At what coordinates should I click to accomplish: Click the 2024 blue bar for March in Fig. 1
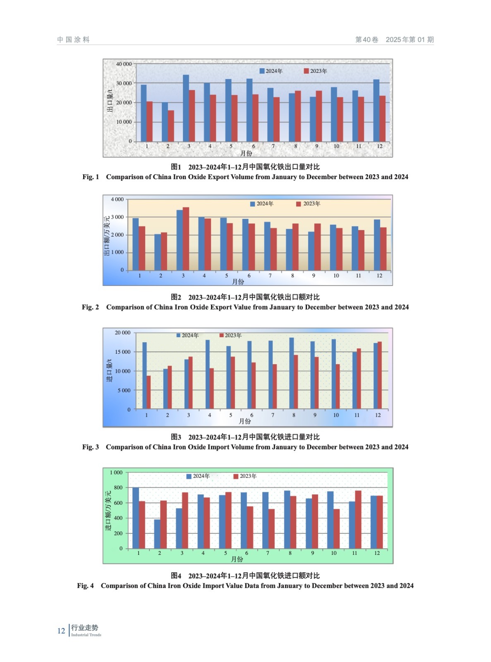pos(186,108)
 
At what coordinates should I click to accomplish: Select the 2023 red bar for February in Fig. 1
pos(171,126)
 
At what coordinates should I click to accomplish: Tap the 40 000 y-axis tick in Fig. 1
pos(124,64)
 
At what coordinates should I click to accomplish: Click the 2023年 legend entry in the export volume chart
pos(316,71)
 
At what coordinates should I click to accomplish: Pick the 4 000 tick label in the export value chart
pos(117,199)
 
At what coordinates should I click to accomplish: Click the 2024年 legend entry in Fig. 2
pos(262,204)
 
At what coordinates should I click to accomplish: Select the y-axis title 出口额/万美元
pos(107,236)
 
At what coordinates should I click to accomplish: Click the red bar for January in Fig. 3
pos(148,392)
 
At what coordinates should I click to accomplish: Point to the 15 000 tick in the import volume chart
pos(122,352)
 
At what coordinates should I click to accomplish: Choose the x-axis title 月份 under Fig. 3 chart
pos(245,421)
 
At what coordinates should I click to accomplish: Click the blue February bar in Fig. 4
pos(157,534)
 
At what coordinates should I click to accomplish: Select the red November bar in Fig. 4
pos(358,520)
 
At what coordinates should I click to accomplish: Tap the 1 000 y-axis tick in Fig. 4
pos(116,473)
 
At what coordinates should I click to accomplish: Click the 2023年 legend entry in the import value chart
pos(245,476)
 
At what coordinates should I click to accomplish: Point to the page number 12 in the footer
pos(61,631)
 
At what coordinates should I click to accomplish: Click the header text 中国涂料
pos(73,40)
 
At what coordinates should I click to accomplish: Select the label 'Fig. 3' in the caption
pos(90,447)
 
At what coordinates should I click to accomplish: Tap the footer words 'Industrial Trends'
pos(86,635)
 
